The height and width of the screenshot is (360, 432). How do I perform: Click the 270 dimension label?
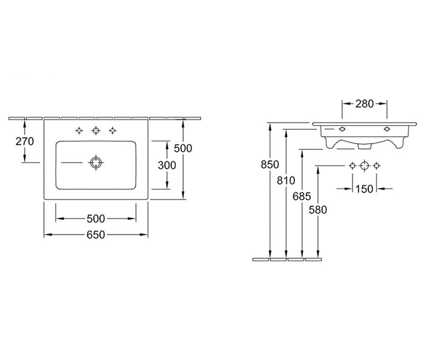24,141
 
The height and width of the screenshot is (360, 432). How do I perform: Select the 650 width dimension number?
96,235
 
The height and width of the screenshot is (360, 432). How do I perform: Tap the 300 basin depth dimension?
167,165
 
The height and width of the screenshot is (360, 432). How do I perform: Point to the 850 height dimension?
270,165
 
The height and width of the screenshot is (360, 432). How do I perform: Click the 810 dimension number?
286,181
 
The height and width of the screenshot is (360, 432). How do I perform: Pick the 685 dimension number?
302,196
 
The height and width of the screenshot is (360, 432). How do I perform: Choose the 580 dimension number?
318,210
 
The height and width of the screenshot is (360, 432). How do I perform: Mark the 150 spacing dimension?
364,189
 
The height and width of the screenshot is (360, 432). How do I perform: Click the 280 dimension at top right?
365,104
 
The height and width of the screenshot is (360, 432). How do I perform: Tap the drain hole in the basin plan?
96,162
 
